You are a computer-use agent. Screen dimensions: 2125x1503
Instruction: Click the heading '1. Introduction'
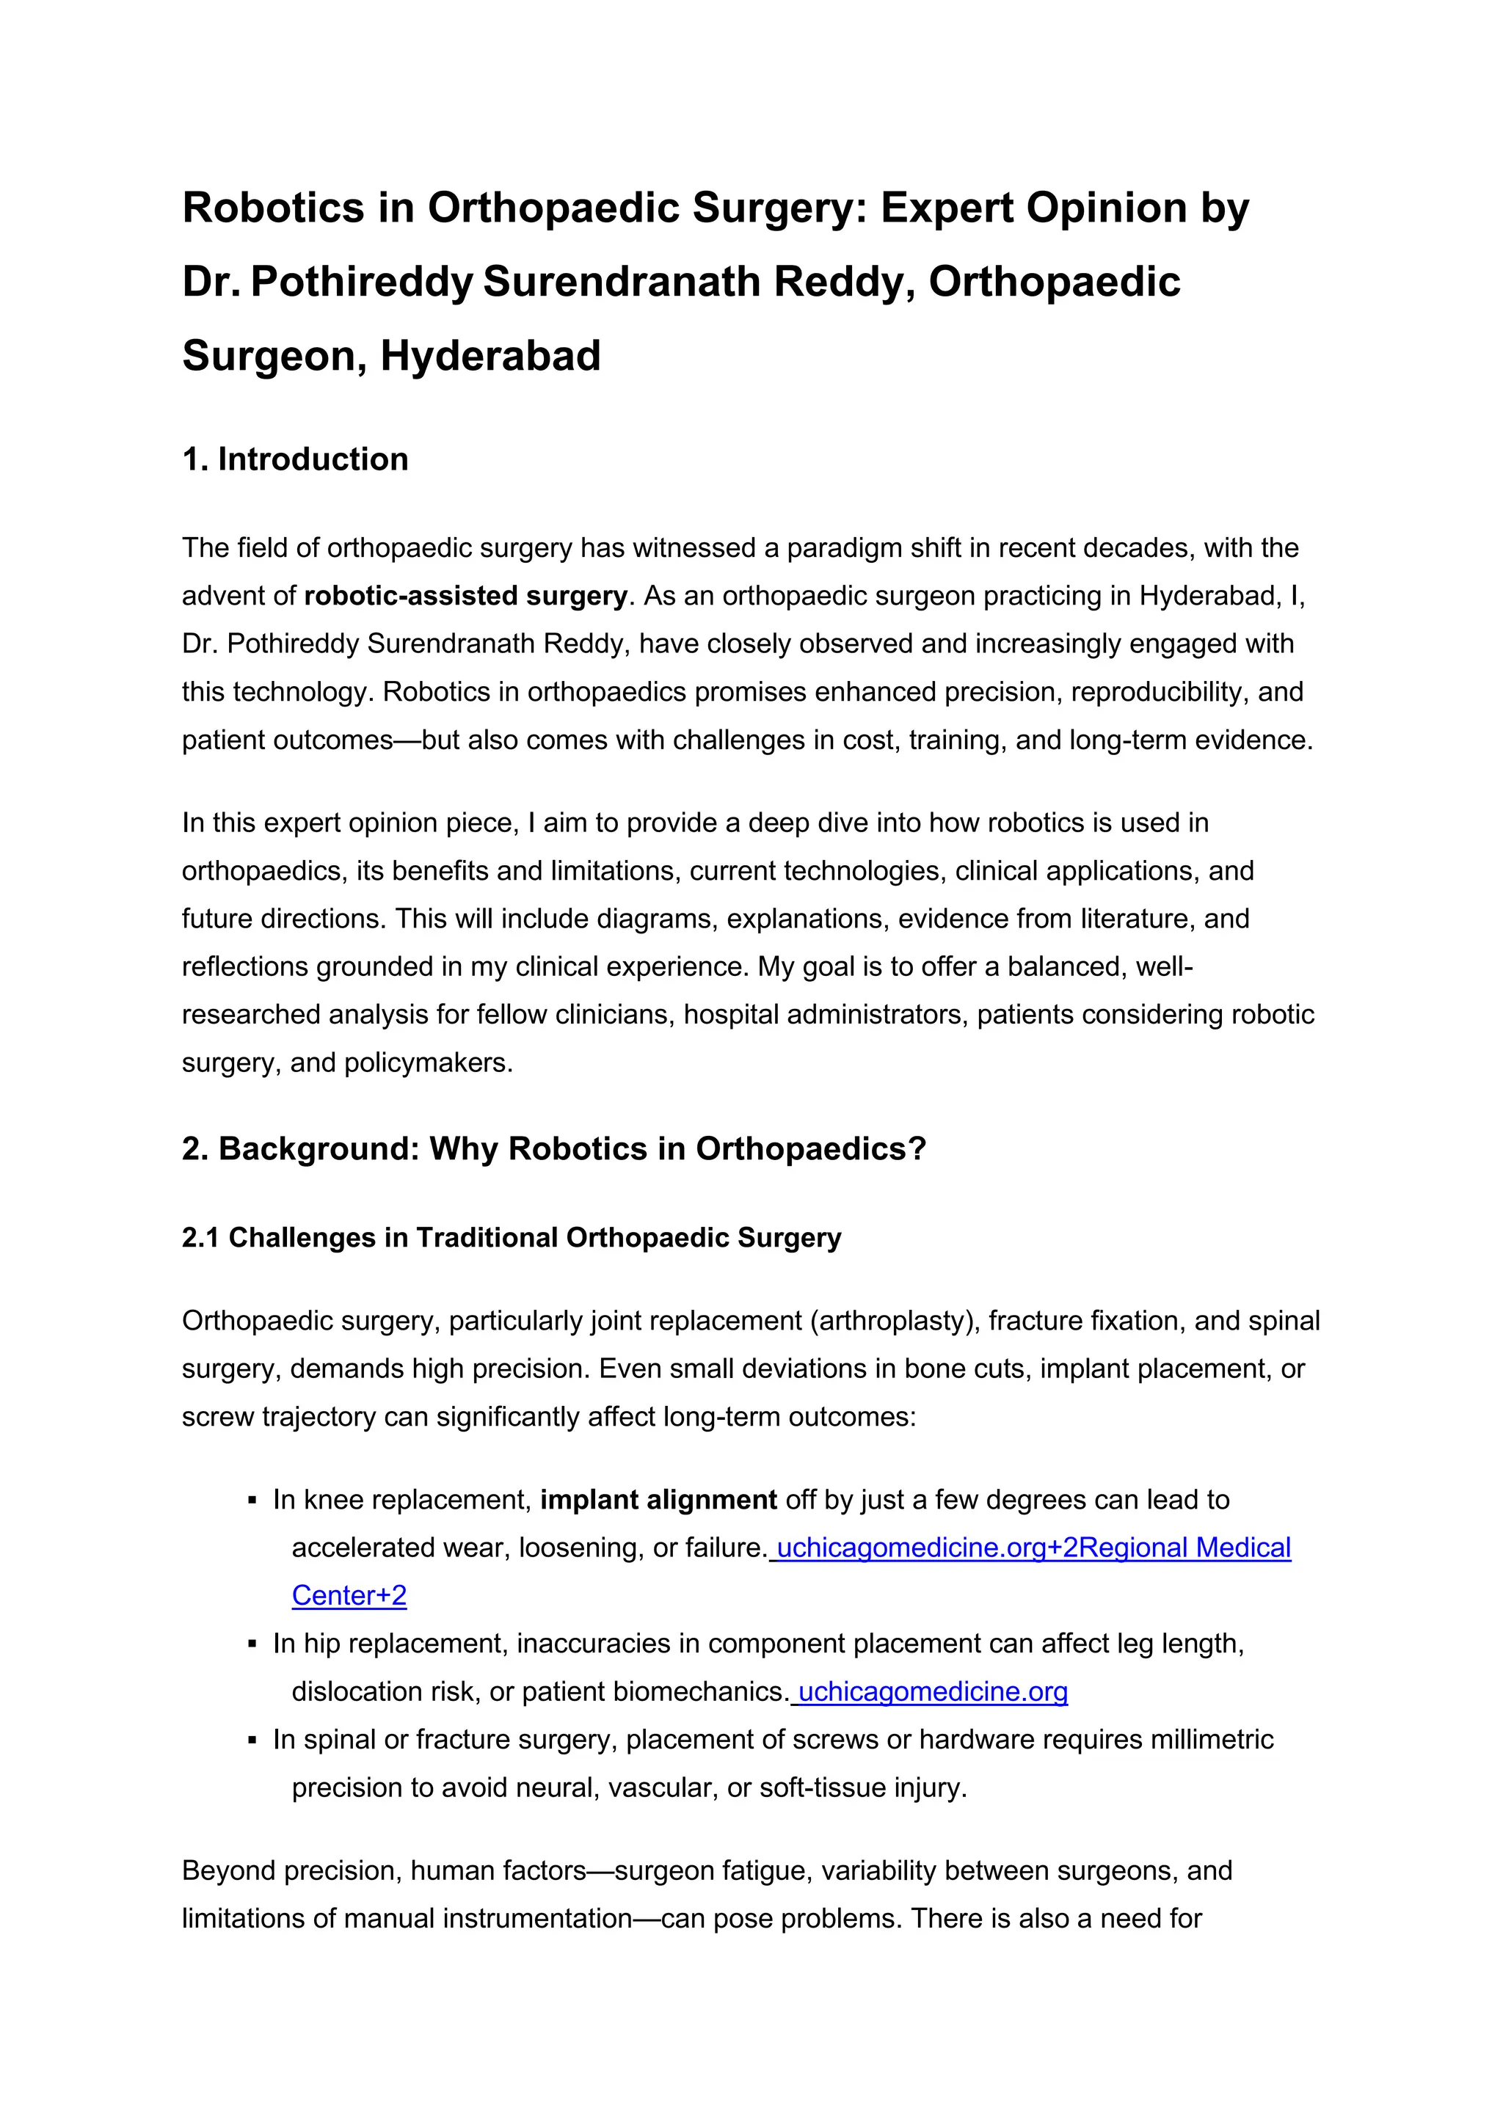coord(294,459)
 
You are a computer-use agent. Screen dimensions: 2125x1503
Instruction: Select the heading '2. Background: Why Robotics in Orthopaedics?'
coord(553,1148)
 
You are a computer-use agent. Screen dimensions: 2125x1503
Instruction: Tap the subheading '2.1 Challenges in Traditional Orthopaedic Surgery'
coord(511,1237)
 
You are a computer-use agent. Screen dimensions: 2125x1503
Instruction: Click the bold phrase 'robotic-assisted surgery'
coord(465,595)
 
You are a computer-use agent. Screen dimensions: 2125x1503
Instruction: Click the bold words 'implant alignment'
coord(658,1499)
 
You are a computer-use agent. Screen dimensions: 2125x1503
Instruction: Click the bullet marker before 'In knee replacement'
coord(252,1501)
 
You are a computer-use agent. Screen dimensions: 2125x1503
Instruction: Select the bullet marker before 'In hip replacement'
coord(252,1644)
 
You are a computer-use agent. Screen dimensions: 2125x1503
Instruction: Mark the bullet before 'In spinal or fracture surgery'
coord(252,1740)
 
